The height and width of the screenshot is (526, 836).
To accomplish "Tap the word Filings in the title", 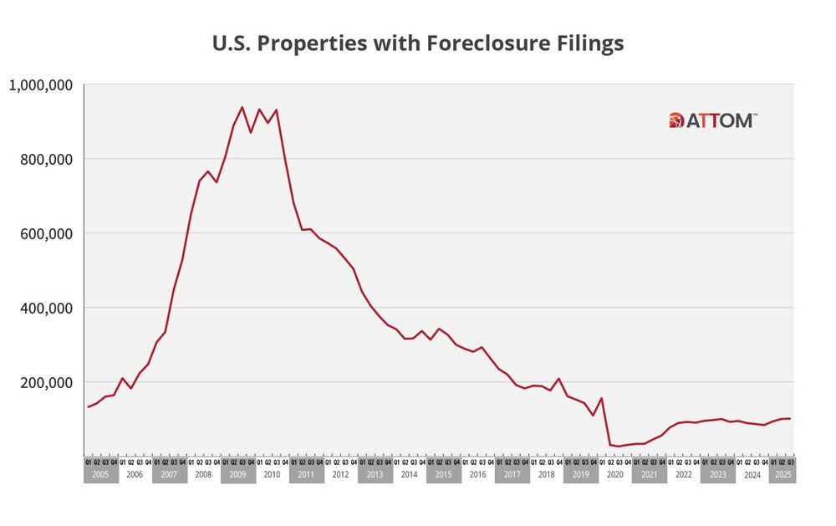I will [589, 43].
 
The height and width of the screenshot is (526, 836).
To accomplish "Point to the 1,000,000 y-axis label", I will [42, 84].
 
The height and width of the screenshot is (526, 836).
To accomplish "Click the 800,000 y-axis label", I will [48, 159].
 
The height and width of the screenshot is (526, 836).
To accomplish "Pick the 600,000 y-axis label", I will [48, 233].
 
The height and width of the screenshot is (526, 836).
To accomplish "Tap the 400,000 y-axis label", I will [48, 308].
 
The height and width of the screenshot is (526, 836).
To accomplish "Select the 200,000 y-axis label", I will [48, 382].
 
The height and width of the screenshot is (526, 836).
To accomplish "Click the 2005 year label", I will [100, 475].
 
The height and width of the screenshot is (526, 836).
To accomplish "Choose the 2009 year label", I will [237, 475].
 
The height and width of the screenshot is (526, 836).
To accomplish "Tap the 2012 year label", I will [340, 475].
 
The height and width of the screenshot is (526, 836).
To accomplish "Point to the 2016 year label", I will [477, 475].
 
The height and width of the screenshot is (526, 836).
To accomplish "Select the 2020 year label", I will [614, 475].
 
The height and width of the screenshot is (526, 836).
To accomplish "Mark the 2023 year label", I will [717, 475].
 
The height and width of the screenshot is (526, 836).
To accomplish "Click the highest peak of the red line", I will [242, 107].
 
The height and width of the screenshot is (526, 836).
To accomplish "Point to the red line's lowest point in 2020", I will [619, 447].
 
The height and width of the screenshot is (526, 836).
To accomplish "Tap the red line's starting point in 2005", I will [88, 407].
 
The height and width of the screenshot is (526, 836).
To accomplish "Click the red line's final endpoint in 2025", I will [790, 418].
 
